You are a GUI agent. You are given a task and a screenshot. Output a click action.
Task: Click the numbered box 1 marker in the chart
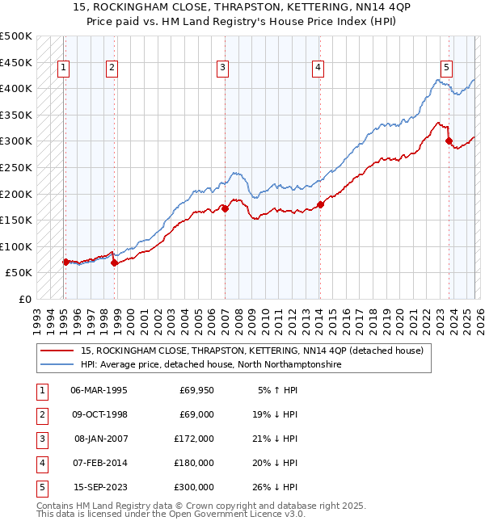coord(64,68)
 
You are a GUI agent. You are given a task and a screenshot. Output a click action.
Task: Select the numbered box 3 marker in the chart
coord(222,68)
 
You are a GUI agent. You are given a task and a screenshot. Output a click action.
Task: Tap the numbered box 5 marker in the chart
coord(446,68)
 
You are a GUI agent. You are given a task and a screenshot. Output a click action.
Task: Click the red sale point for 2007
coord(225,208)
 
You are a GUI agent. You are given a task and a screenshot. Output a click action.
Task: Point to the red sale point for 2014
coord(320,204)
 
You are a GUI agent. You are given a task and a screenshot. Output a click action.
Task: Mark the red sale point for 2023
coord(449,141)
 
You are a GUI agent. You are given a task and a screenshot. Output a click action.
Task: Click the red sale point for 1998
coord(114,262)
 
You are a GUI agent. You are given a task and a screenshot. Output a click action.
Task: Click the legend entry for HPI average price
coord(210,365)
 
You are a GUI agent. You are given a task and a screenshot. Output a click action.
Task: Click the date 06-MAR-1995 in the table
coord(99,390)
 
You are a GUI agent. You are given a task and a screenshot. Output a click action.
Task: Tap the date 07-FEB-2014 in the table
coord(99,463)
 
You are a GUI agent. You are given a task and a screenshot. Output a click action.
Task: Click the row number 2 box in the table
coord(40,414)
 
